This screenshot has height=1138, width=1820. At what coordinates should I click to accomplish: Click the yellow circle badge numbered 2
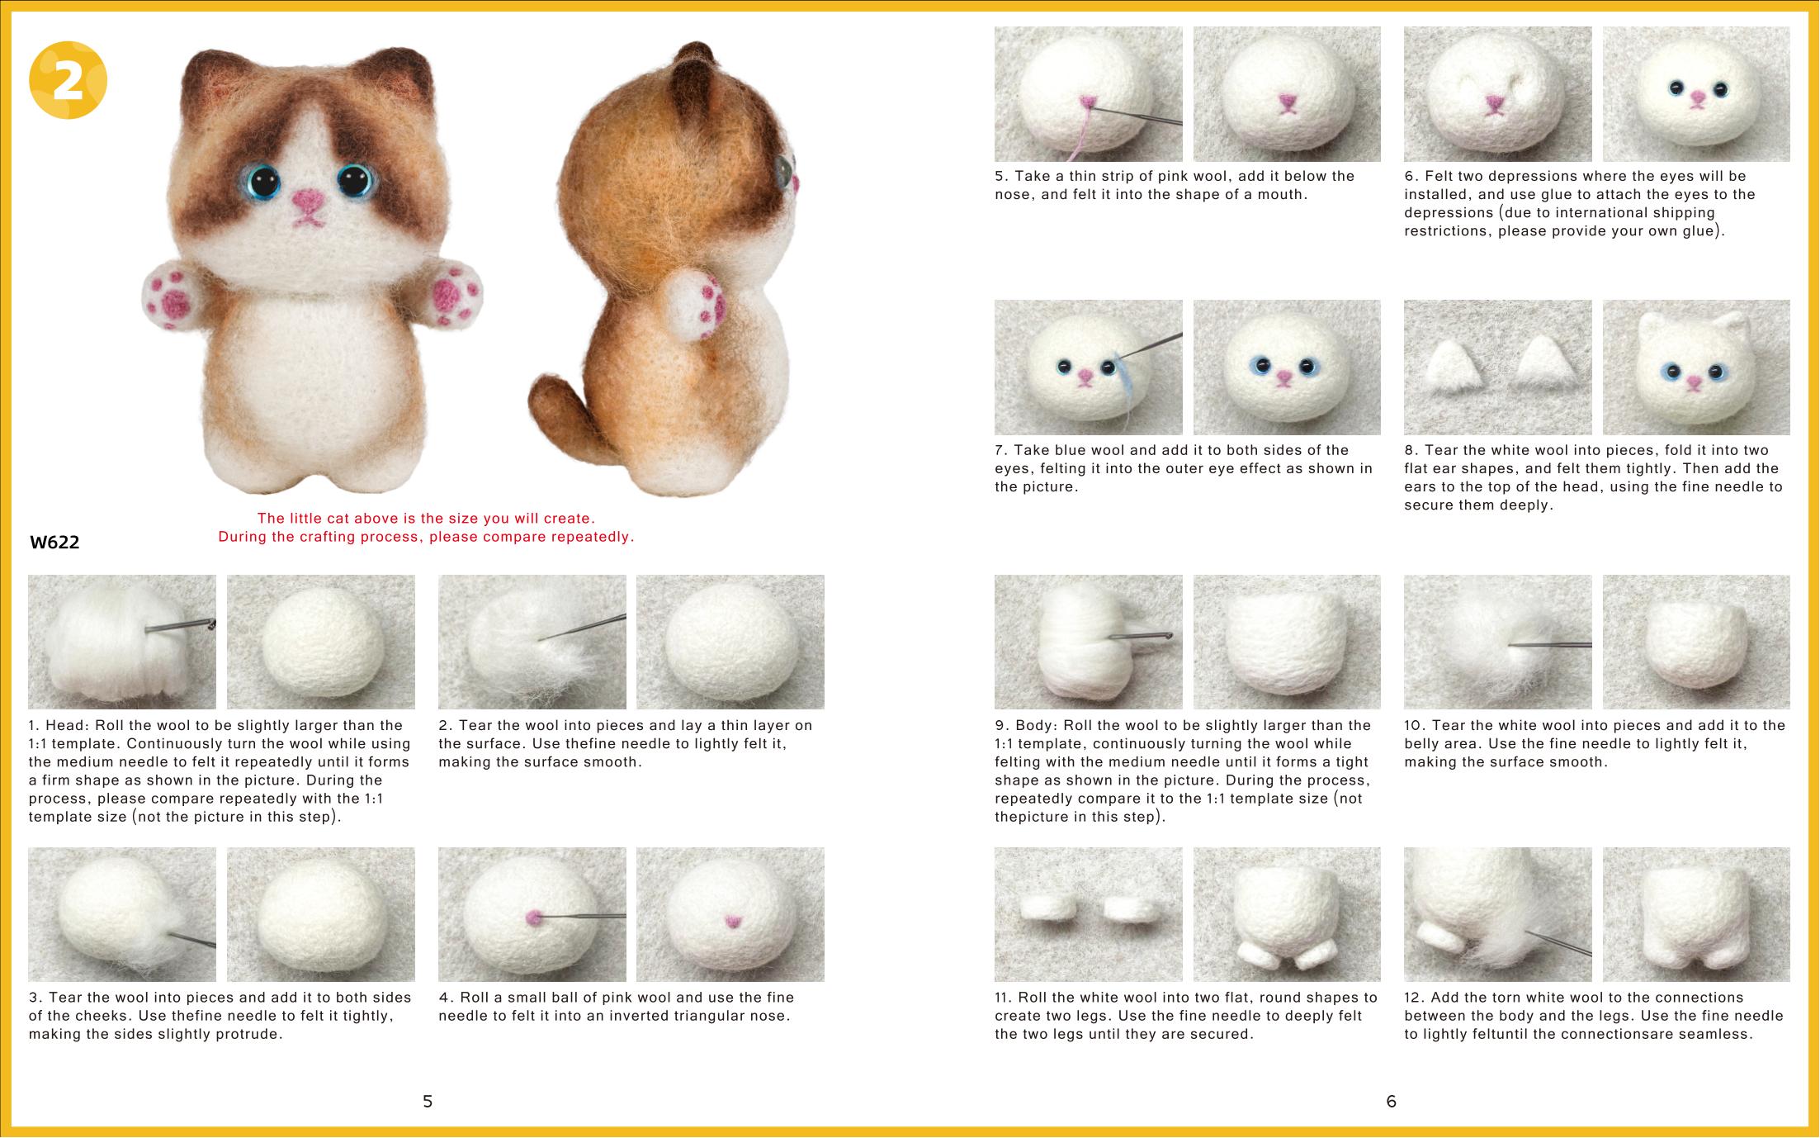[x=69, y=80]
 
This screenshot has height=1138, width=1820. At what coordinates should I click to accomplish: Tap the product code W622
[x=54, y=543]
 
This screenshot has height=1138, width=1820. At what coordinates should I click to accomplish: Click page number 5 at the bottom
[x=428, y=1101]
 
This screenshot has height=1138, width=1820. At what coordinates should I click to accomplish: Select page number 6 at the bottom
[x=1391, y=1101]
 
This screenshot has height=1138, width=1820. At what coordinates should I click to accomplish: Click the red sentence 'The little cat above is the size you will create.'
[x=426, y=519]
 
